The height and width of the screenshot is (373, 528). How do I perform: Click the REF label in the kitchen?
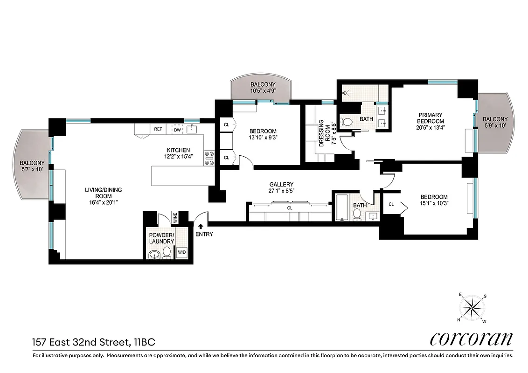pos(158,130)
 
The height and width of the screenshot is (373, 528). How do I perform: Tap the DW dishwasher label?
pos(177,130)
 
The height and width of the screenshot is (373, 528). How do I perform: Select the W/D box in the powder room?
pos(181,253)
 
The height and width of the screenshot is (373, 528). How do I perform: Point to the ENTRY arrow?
pos(201,227)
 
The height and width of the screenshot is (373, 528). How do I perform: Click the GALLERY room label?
pos(281,185)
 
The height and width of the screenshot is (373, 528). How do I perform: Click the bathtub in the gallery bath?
pos(341,208)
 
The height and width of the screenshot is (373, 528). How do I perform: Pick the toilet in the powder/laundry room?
pos(167,254)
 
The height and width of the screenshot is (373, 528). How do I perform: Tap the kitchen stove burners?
pos(208,158)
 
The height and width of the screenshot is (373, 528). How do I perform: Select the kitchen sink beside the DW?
pos(192,129)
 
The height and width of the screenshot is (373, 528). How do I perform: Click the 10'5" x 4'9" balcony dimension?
pos(259,91)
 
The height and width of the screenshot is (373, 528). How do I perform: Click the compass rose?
pos(473,308)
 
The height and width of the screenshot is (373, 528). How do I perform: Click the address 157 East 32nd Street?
pos(93,343)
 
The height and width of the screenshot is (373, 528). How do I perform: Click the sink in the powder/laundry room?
pos(154,255)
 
